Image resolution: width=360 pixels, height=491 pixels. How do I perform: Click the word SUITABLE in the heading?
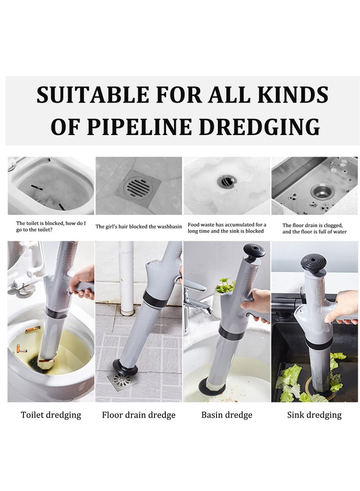tap(92, 95)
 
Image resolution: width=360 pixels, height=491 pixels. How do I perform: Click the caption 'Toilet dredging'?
tap(51, 415)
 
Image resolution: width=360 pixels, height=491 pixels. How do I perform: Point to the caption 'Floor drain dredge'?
tap(139, 415)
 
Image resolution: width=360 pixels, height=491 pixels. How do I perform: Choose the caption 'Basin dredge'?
tap(227, 415)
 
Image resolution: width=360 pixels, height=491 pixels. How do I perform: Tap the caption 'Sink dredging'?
tap(314, 415)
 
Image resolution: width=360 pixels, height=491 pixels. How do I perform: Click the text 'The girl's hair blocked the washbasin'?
tap(139, 226)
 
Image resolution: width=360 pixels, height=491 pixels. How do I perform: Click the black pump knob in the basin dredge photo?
tap(253, 250)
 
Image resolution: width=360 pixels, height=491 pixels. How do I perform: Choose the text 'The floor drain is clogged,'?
tap(313, 225)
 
